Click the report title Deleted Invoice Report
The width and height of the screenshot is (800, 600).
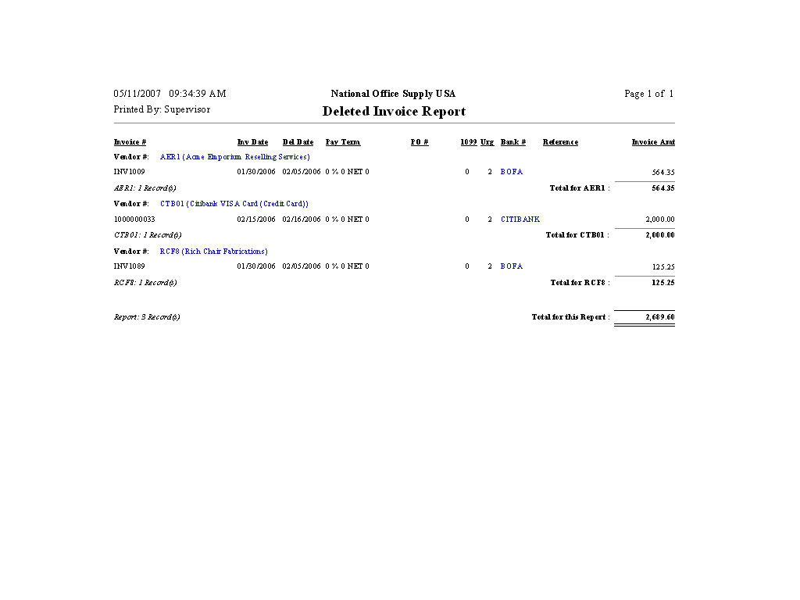click(x=394, y=112)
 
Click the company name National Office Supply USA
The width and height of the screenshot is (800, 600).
click(x=393, y=94)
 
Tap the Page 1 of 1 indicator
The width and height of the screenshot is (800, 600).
click(x=648, y=94)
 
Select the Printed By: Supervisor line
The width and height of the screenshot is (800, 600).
click(x=162, y=109)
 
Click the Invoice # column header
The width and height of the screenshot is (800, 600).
click(x=130, y=142)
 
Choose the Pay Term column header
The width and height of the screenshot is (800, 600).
click(x=343, y=142)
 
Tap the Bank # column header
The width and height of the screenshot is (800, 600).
click(x=513, y=142)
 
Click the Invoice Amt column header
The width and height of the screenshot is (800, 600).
click(x=653, y=142)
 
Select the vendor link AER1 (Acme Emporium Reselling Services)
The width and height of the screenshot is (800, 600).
click(x=234, y=157)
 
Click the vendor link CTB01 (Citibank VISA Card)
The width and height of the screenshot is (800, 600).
click(x=234, y=204)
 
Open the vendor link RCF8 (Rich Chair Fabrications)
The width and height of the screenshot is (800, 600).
click(x=213, y=252)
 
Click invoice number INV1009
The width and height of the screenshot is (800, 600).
click(x=130, y=172)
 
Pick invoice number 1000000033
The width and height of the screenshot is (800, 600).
click(x=134, y=220)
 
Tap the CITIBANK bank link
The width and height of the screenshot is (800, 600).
click(x=520, y=220)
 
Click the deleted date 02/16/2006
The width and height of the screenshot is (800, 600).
click(x=302, y=220)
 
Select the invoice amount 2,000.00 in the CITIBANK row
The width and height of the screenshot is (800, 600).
click(x=660, y=220)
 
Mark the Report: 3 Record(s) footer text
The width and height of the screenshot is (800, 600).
click(x=147, y=317)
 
